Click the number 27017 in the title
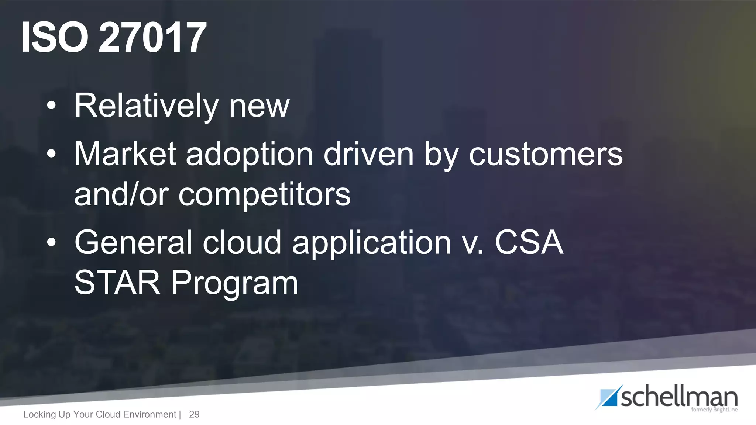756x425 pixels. pyautogui.click(x=152, y=37)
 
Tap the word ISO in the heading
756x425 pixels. pyautogui.click(x=55, y=37)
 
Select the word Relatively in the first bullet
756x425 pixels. pyautogui.click(x=147, y=106)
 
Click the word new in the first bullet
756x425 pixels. pyautogui.click(x=259, y=106)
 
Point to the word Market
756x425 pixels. pyautogui.click(x=125, y=154)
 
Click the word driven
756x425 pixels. pyautogui.click(x=368, y=154)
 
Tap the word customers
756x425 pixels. pyautogui.click(x=546, y=154)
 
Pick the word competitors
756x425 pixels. pyautogui.click(x=264, y=196)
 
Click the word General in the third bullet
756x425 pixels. pyautogui.click(x=133, y=242)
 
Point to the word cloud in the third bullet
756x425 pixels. pyautogui.click(x=242, y=242)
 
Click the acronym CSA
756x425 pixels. pyautogui.click(x=529, y=242)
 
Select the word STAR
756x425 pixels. pyautogui.click(x=117, y=283)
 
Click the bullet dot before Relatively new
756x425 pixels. pyautogui.click(x=51, y=106)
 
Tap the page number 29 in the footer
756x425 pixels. pyautogui.click(x=194, y=414)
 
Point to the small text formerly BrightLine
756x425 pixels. pyautogui.click(x=714, y=410)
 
